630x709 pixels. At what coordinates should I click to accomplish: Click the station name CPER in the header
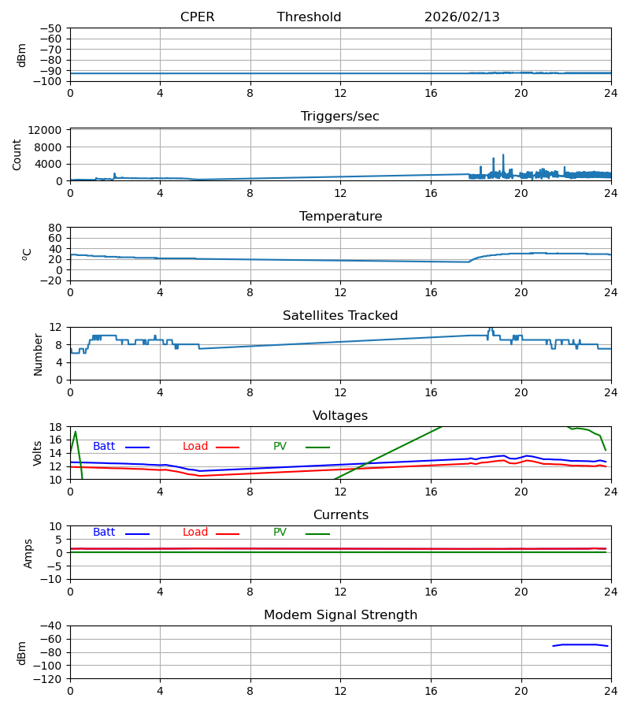pos(197,17)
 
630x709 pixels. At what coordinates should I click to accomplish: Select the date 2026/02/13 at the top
pos(461,17)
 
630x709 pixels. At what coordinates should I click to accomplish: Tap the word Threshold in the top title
pos(309,17)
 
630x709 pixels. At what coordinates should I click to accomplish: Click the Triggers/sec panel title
pos(339,117)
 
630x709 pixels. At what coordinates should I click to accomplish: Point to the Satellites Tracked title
pos(339,316)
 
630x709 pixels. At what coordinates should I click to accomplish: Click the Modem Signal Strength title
pos(339,615)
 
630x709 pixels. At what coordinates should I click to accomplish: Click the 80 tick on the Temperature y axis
pos(56,228)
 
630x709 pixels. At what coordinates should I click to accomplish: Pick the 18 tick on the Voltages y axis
pos(56,427)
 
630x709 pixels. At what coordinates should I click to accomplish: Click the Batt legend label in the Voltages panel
pos(104,447)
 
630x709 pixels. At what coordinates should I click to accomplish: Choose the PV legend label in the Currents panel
pos(280,533)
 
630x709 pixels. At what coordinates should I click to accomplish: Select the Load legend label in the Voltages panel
pos(195,447)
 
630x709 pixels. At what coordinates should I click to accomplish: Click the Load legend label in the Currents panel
pos(195,533)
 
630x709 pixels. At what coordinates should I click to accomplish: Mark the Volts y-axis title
pos(38,453)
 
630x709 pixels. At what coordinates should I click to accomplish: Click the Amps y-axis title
pos(28,553)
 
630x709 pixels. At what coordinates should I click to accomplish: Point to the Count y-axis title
pos(17,154)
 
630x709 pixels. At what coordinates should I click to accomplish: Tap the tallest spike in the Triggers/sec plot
pos(503,155)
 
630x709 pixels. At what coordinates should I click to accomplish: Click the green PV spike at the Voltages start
pos(75,432)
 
